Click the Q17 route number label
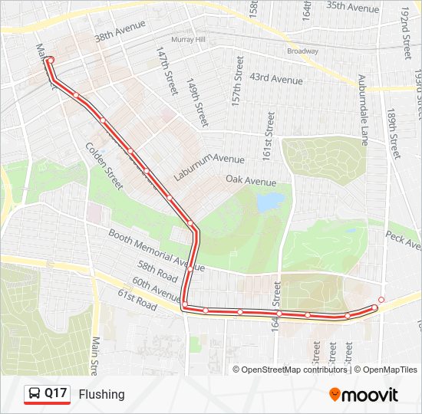[55, 394]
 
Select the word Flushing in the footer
[101, 394]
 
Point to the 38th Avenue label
[120, 37]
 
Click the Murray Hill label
[189, 38]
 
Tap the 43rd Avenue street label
[276, 78]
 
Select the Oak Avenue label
[251, 181]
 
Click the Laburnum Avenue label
[209, 167]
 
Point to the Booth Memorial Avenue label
[156, 249]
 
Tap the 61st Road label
[137, 294]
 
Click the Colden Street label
[104, 166]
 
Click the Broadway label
[302, 51]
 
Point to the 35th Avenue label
[353, 7]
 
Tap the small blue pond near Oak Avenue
[269, 202]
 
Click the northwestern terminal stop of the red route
[51, 60]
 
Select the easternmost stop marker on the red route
[381, 299]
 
